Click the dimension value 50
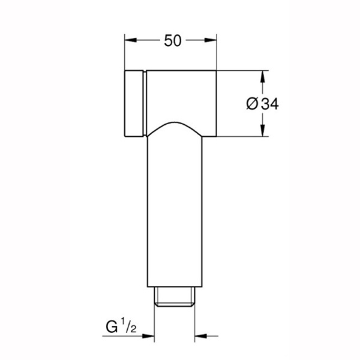point(173,41)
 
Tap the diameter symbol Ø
point(253,104)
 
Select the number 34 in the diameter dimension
point(270,104)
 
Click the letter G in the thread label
point(112,327)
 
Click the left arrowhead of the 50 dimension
point(131,40)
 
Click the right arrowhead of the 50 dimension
point(211,40)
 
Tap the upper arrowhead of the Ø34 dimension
point(263,77)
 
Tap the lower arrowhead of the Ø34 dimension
point(263,130)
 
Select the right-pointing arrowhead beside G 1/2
point(148,336)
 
